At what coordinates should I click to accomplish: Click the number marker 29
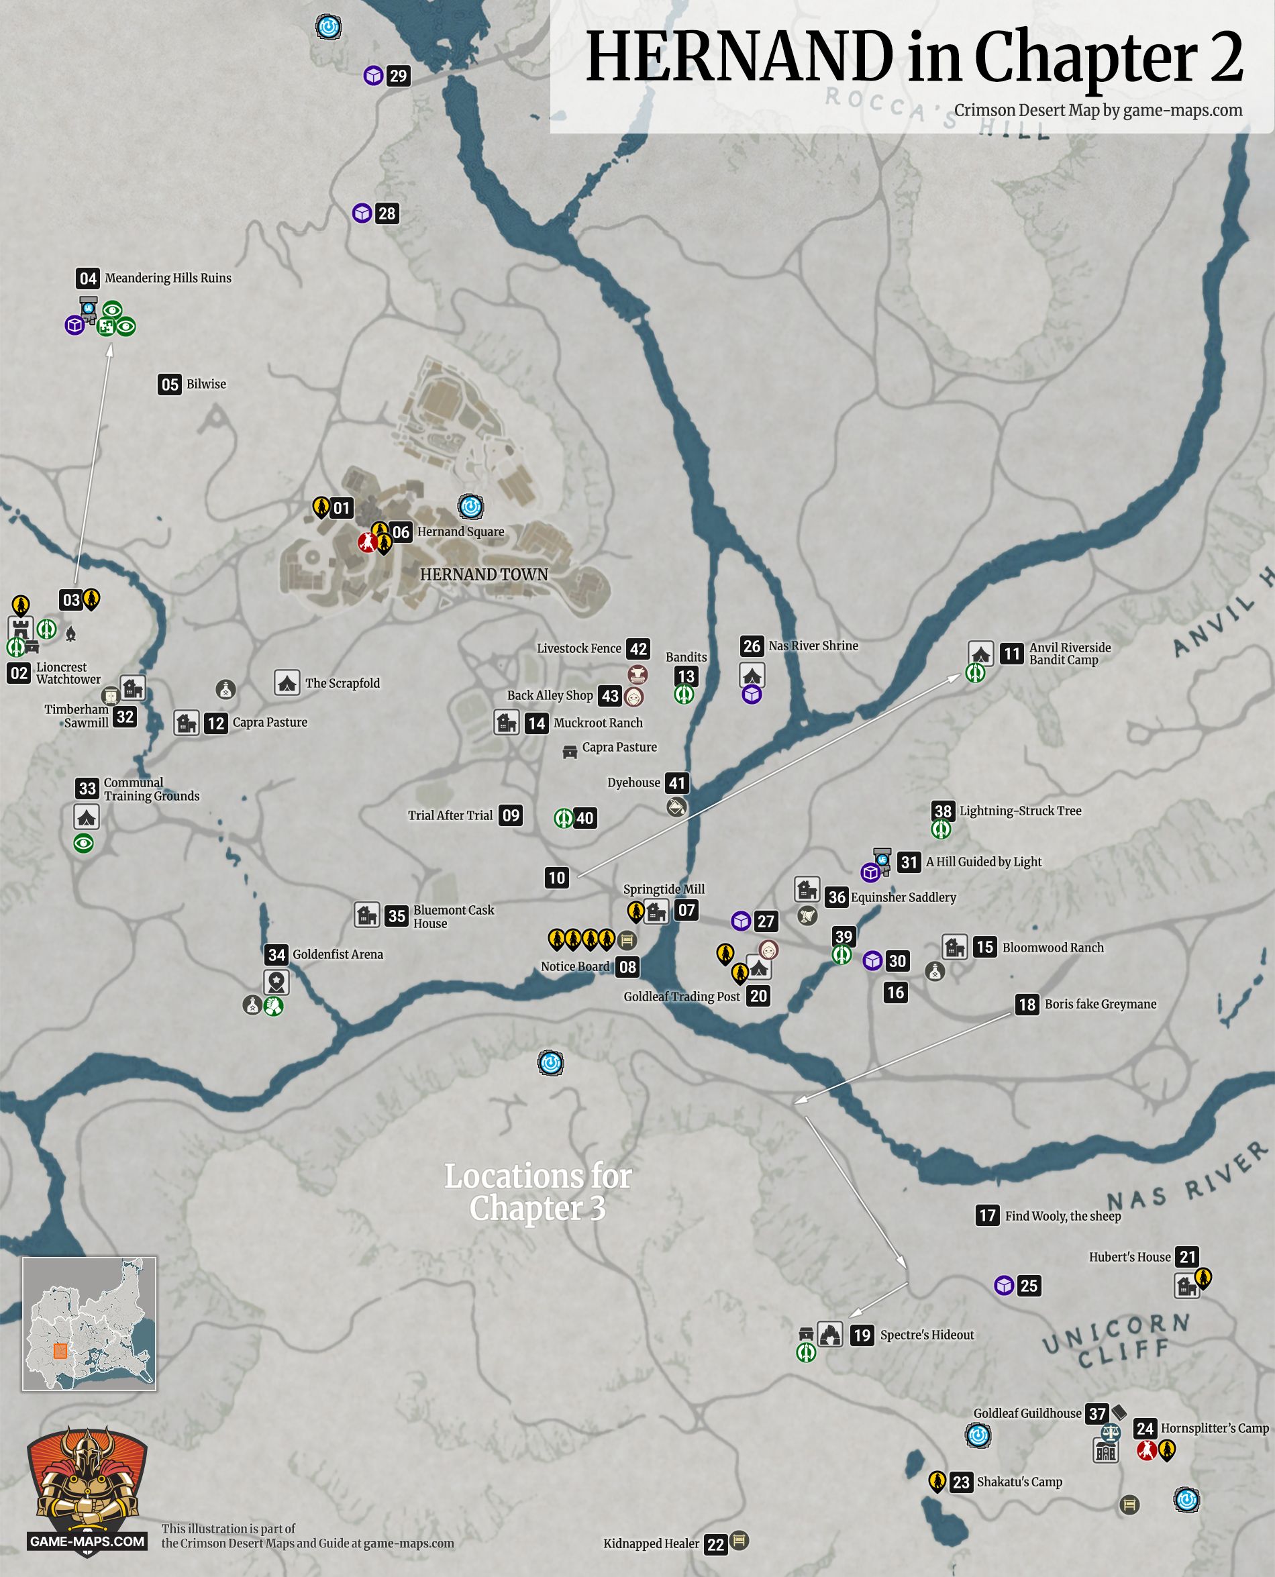click(398, 76)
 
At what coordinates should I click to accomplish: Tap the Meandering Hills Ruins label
click(168, 278)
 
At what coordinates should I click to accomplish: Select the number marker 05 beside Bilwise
click(170, 384)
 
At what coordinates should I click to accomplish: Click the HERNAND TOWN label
click(483, 574)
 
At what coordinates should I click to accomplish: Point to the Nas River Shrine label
click(813, 646)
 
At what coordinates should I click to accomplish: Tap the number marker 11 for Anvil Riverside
click(1011, 654)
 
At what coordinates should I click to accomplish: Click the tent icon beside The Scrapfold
click(287, 682)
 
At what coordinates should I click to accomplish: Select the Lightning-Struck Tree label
click(1020, 811)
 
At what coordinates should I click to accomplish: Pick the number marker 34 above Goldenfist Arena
click(276, 955)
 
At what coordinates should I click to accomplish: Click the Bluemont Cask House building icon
click(366, 915)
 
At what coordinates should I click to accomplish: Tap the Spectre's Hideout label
click(927, 1335)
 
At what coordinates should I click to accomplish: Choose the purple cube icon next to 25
click(1004, 1285)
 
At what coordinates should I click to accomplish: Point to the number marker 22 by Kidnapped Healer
click(715, 1544)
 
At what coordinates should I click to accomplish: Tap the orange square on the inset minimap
click(60, 1351)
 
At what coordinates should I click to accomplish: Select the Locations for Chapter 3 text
click(538, 1191)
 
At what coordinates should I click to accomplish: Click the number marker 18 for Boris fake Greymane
click(1027, 1004)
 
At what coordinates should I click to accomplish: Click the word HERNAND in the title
click(739, 57)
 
